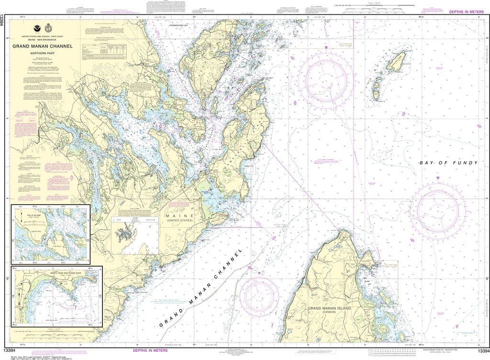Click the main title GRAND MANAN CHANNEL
43,46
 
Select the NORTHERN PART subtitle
43,54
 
